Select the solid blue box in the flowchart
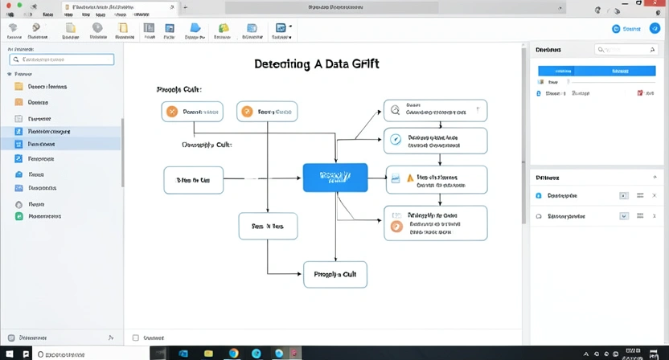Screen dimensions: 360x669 334,177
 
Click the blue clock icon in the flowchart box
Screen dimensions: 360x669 395,139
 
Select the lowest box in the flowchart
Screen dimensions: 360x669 334,274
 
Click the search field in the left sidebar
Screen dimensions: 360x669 62,59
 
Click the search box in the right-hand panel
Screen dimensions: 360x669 626,49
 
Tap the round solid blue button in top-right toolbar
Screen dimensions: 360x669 616,28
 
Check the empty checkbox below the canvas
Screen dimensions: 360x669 135,337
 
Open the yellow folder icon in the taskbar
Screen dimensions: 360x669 208,353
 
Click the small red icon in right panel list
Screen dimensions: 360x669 640,93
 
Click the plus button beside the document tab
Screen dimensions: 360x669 186,7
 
